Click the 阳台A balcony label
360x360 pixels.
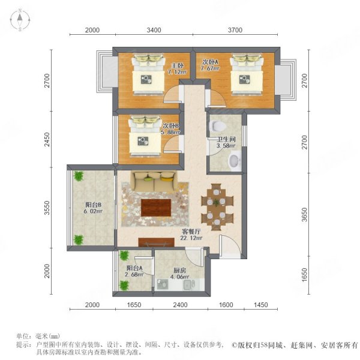(x=134, y=268)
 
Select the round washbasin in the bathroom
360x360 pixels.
(x=235, y=160)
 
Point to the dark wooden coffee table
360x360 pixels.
(x=156, y=207)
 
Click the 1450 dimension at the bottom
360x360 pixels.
(x=260, y=305)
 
